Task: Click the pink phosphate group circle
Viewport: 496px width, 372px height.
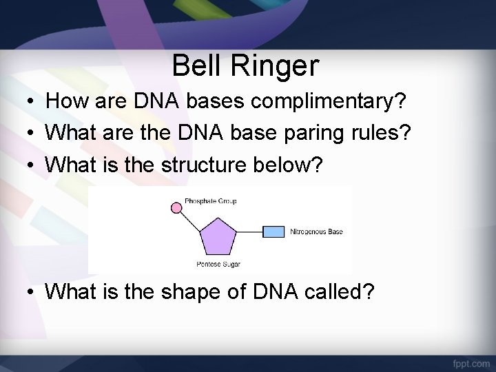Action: [177, 206]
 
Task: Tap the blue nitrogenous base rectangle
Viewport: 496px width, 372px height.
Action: [273, 231]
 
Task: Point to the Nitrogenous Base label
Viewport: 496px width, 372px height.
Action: [316, 231]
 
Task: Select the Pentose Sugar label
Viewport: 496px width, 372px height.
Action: [218, 265]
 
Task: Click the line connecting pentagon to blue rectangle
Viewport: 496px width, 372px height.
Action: [249, 231]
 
